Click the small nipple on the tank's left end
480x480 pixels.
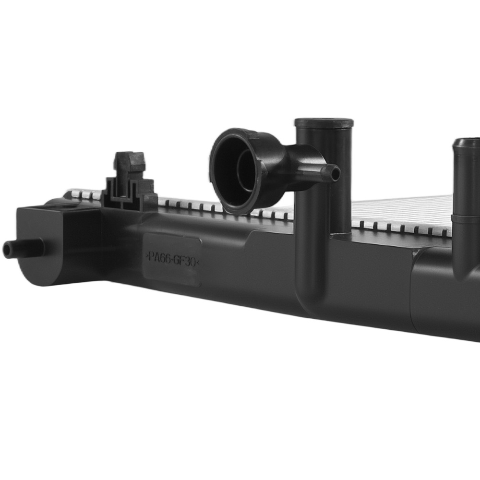click(x=23, y=248)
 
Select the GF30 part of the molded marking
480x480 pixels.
click(x=185, y=261)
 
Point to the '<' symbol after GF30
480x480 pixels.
click(x=198, y=263)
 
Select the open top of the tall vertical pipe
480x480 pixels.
click(x=324, y=122)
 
